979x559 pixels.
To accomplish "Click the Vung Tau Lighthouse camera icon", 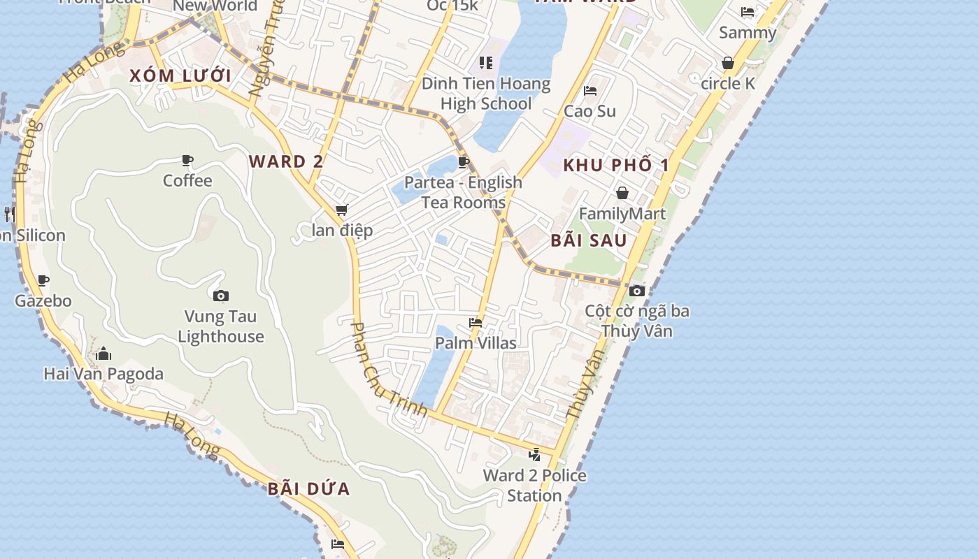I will pos(220,296).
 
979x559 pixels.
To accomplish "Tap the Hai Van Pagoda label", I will pos(103,374).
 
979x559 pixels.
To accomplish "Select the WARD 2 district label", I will pos(286,161).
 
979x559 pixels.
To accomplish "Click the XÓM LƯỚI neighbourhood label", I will pos(180,75).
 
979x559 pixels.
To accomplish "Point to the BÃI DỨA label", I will pos(308,488).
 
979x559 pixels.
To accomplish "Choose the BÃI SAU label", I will pos(589,240).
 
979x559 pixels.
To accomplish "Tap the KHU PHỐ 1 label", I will pos(616,165).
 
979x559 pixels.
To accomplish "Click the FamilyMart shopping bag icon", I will pos(622,193).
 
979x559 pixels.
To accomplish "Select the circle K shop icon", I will pos(728,64).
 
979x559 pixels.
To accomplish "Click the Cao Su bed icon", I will pos(589,91).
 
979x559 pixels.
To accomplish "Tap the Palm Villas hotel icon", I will pos(476,323).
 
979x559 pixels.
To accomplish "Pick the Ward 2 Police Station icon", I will pos(535,455).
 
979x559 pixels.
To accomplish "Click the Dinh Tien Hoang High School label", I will pos(486,94).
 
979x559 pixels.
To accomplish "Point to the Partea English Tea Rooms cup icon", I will pos(463,163).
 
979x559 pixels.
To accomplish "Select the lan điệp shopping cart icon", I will pos(341,210).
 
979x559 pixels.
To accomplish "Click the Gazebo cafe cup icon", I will pos(43,281).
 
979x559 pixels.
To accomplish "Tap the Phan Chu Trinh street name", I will pos(388,370).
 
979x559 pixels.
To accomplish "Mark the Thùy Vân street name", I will pos(585,384).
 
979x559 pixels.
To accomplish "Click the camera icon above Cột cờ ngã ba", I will pos(636,291).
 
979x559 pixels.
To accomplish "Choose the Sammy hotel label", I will pos(748,33).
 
